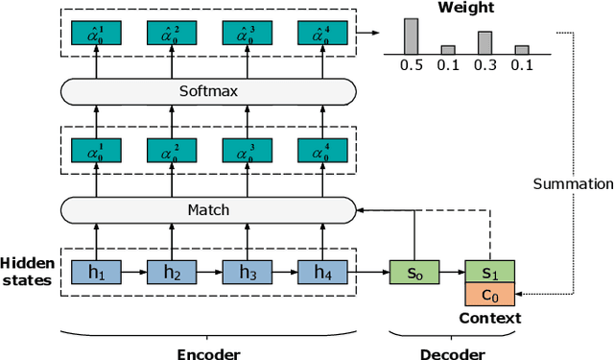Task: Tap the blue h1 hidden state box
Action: click(97, 272)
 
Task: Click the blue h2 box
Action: click(172, 272)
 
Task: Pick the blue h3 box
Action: click(247, 272)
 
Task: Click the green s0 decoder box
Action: click(413, 272)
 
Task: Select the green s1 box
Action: click(489, 272)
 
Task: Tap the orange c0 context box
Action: click(489, 295)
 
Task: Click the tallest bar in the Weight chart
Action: click(411, 36)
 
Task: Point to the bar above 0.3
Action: click(484, 42)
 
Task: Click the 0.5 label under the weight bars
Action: click(411, 64)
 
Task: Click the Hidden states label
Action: click(27, 272)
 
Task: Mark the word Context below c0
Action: click(489, 318)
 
